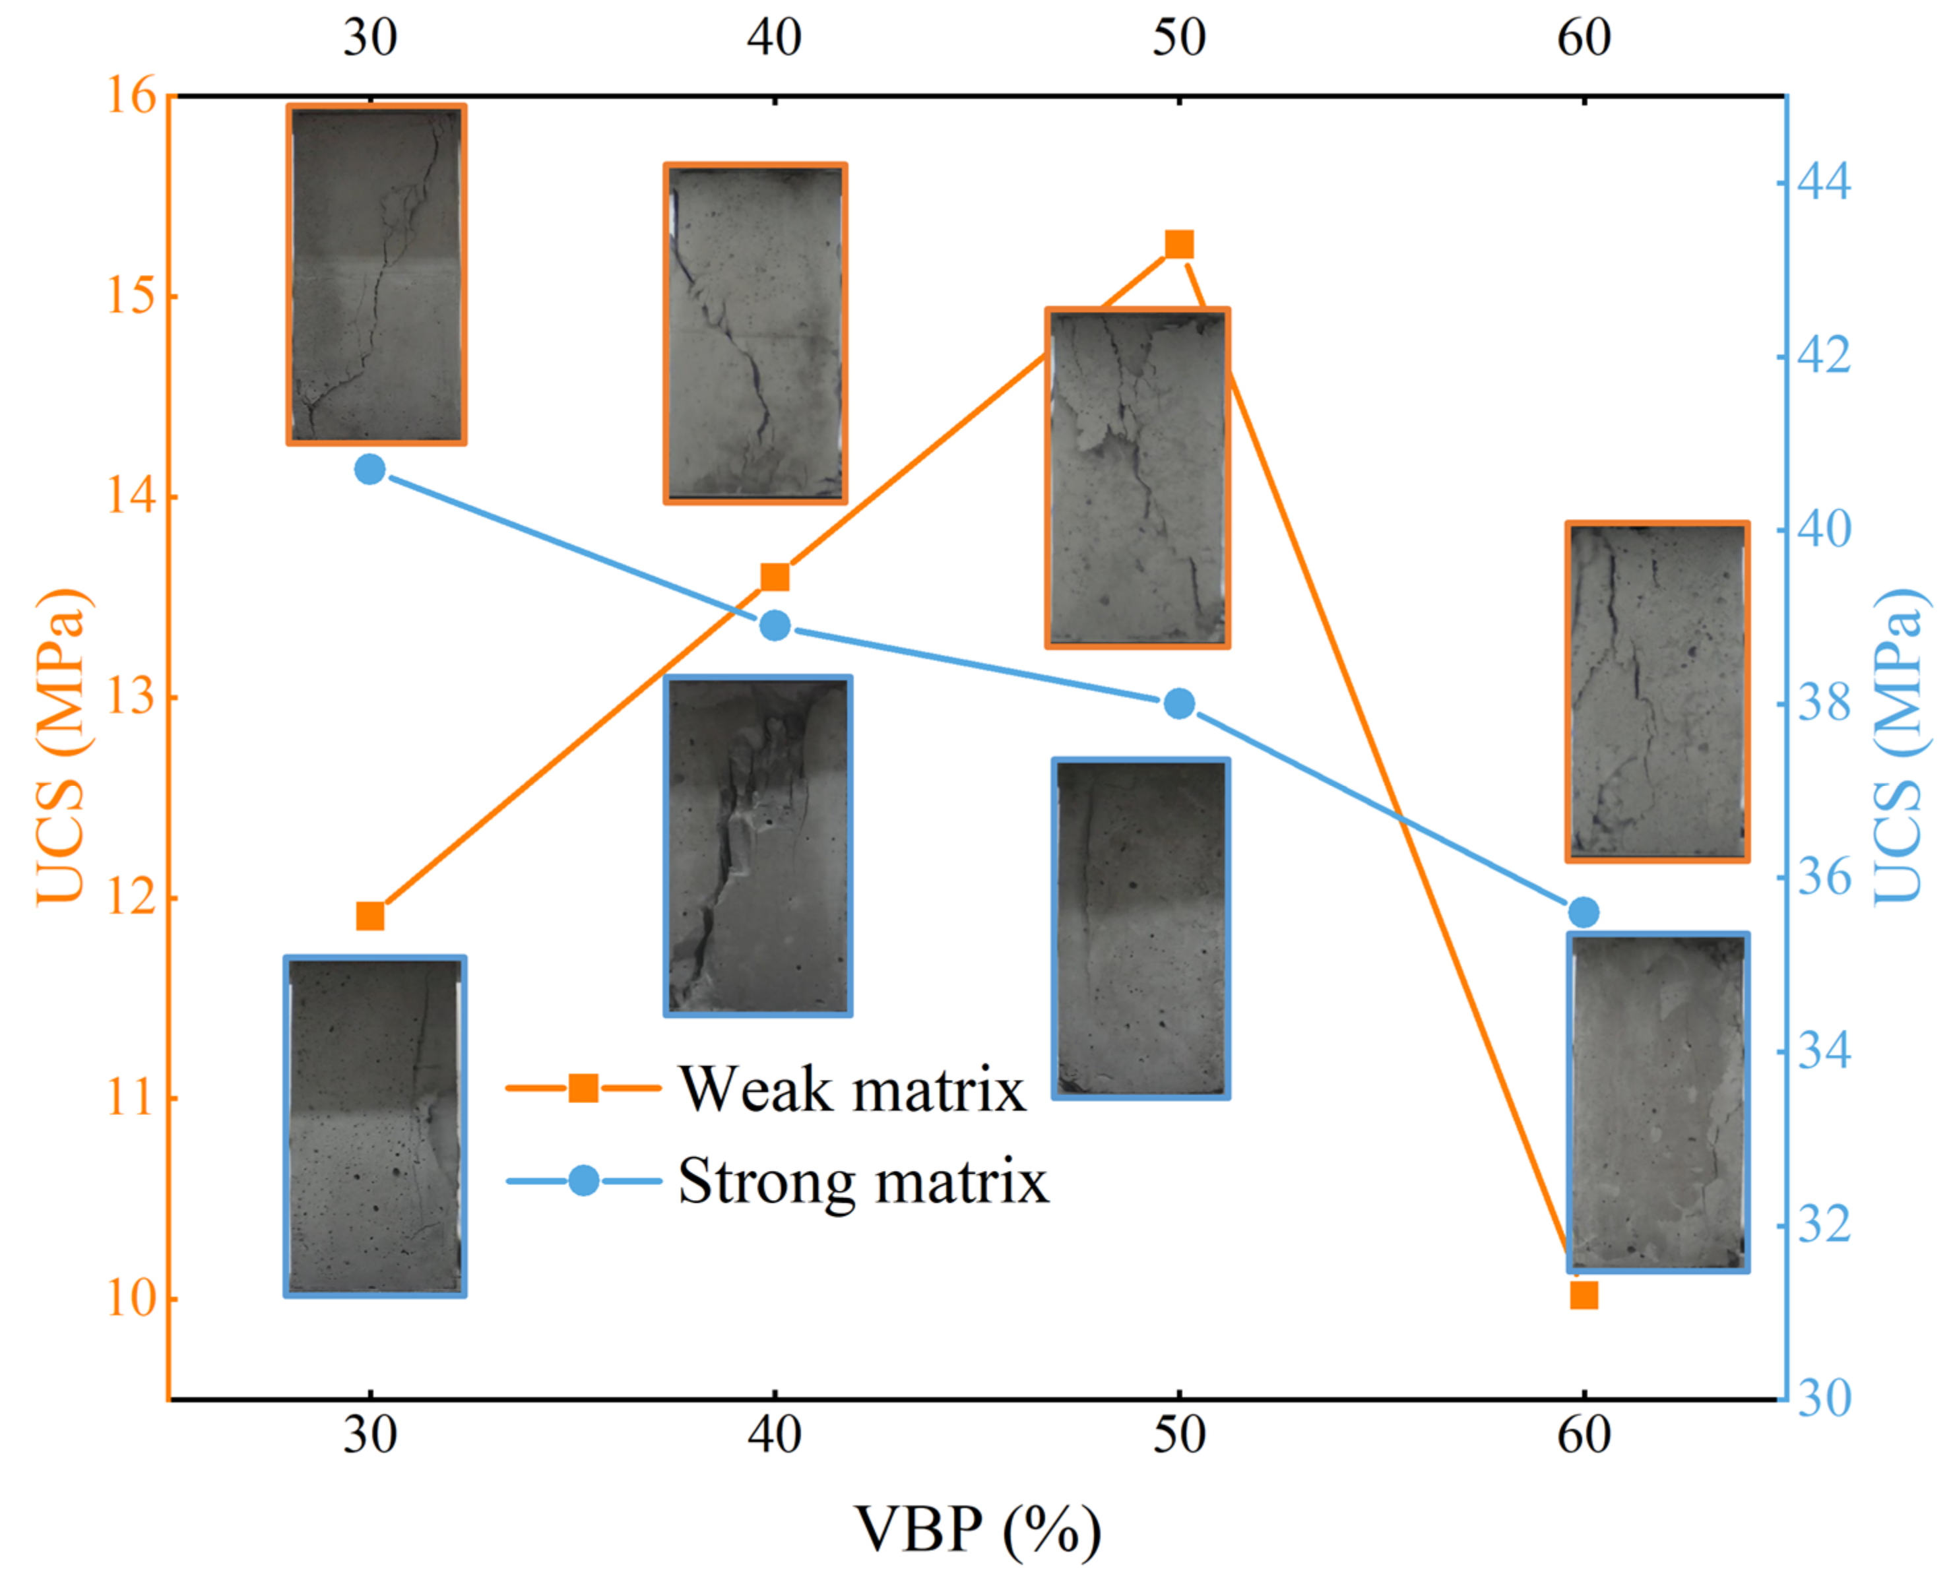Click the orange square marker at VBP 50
click(1178, 245)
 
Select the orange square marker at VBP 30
click(370, 916)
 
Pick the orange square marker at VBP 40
click(775, 577)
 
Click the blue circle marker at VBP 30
click(370, 470)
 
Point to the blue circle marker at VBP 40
click(775, 627)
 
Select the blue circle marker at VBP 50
click(1178, 703)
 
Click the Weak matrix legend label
click(852, 1089)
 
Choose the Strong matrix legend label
click(863, 1182)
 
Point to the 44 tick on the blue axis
click(1823, 183)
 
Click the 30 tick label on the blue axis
click(1823, 1399)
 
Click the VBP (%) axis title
click(977, 1529)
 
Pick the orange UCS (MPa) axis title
click(62, 746)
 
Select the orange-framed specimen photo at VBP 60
click(1657, 691)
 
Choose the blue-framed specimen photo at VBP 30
click(375, 1126)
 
